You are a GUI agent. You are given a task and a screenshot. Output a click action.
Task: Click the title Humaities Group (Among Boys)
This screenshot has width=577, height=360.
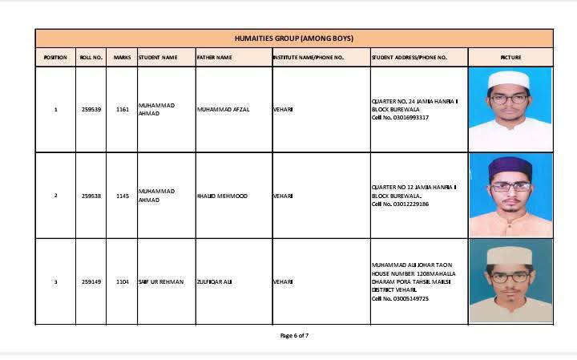click(293, 38)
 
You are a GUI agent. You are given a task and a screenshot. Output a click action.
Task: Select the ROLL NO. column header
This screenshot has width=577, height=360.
click(91, 58)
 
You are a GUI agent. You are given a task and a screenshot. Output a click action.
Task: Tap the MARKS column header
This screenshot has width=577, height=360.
click(122, 58)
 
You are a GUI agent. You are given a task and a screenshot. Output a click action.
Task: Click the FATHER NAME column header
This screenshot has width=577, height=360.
click(215, 58)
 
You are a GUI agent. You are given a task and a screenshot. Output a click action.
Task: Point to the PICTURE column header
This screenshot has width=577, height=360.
click(510, 58)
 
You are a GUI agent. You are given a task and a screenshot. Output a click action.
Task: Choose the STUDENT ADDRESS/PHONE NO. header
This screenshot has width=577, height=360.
click(410, 58)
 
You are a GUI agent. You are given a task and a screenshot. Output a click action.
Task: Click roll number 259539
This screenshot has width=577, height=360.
click(91, 109)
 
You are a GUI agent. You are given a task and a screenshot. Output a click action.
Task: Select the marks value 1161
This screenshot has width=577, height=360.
click(122, 109)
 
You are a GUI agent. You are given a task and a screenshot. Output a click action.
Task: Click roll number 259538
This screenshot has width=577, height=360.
click(91, 196)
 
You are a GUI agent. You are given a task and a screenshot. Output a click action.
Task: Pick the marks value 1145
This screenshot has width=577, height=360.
click(122, 196)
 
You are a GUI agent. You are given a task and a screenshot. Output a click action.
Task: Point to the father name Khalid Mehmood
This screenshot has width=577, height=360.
click(222, 196)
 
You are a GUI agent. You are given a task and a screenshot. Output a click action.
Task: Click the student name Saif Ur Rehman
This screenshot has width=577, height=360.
click(161, 281)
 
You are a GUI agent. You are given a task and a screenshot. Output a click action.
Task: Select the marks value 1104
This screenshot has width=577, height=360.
click(122, 281)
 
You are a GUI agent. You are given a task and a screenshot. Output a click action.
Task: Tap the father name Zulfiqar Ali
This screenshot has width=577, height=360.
click(214, 281)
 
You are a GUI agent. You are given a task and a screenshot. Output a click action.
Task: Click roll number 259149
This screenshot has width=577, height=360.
click(91, 281)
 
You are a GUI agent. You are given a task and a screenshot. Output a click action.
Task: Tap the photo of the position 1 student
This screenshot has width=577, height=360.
click(510, 109)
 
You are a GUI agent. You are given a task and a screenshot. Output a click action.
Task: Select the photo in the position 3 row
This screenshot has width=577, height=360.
click(510, 282)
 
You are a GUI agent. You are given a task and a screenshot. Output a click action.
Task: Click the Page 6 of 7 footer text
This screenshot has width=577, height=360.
click(294, 335)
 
